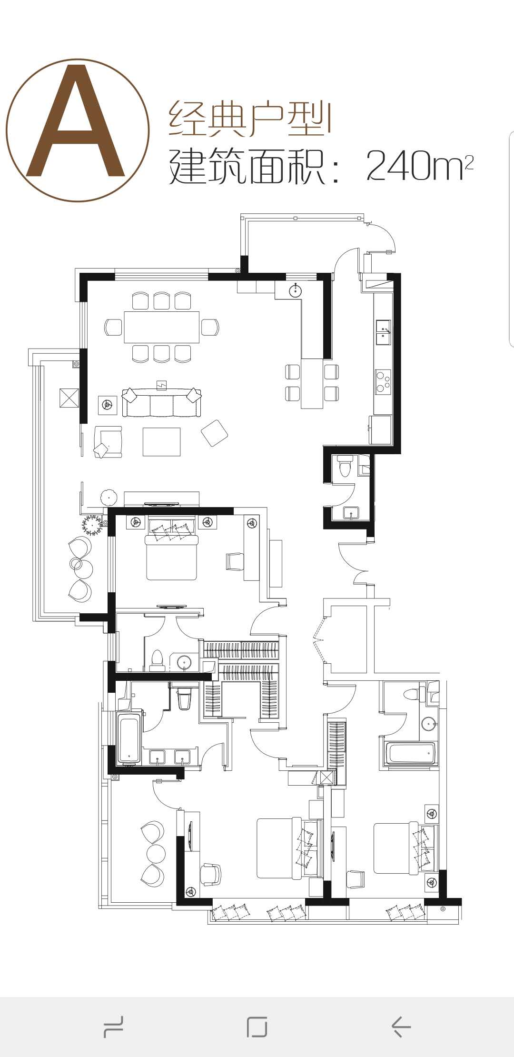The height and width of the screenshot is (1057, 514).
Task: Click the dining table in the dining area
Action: point(162,327)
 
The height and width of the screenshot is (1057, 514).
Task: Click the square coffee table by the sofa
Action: point(162,442)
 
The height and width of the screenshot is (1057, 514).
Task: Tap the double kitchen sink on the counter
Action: point(383,332)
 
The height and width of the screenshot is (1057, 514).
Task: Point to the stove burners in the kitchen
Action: point(383,381)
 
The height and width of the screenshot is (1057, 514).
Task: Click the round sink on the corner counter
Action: point(296,290)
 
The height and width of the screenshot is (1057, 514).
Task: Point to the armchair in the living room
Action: point(108,442)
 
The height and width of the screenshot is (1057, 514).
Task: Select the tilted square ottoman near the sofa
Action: point(214,433)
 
